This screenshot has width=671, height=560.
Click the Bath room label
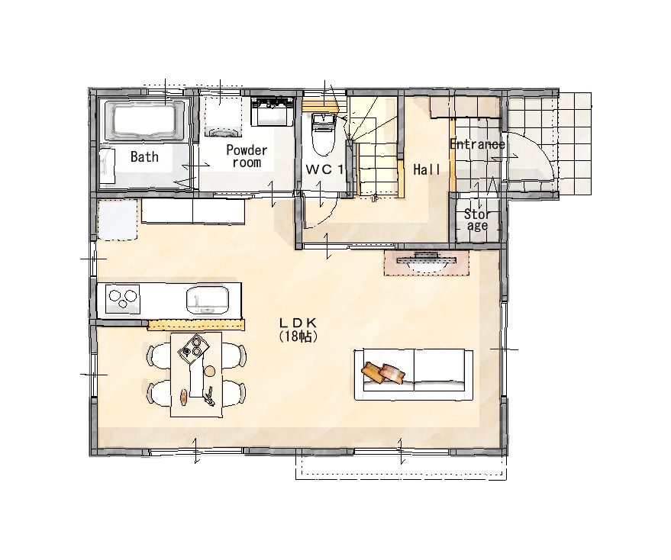tap(144, 156)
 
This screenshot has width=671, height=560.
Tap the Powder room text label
tap(247, 156)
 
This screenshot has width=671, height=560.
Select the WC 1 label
tap(324, 169)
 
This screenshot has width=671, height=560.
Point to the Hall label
tap(427, 170)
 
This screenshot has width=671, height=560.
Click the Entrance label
tap(477, 144)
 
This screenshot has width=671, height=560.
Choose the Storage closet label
tap(477, 220)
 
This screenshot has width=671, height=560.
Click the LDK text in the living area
tap(298, 322)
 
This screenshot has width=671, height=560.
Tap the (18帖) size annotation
tap(298, 336)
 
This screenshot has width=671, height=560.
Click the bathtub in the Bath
tap(144, 120)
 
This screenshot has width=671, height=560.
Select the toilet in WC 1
tap(324, 135)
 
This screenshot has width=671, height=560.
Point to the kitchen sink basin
tap(207, 300)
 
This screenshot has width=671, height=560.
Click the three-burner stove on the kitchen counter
tap(123, 298)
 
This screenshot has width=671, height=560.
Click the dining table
tap(196, 375)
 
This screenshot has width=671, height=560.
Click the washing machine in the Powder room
tap(221, 115)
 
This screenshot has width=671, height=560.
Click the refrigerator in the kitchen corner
tap(118, 220)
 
